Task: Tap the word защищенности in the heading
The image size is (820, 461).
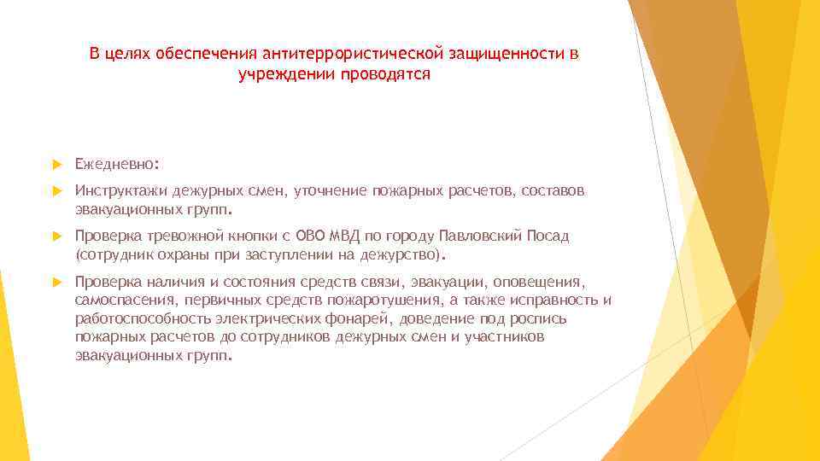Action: [x=507, y=54]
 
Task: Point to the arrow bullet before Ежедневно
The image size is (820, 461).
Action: [x=58, y=162]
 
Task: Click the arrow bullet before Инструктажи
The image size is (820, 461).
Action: [x=58, y=190]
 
